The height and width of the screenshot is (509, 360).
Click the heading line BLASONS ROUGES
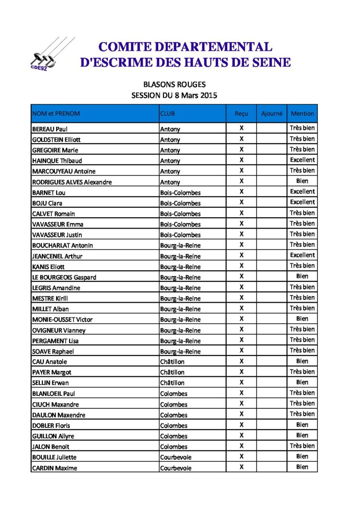click(174, 85)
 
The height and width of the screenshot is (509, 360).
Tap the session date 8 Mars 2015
click(196, 95)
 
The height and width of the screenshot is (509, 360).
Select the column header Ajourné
click(271, 113)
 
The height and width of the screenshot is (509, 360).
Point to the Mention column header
click(302, 113)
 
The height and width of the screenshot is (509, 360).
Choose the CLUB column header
click(168, 113)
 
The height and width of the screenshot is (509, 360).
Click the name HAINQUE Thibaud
click(57, 161)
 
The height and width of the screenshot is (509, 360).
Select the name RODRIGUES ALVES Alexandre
click(72, 182)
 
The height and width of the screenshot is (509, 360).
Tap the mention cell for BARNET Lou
click(302, 191)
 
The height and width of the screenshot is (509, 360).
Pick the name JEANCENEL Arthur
click(57, 256)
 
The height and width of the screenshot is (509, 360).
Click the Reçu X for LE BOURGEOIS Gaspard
click(242, 276)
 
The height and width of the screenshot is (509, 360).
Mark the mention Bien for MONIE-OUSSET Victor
click(302, 319)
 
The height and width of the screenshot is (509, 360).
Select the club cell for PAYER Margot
click(172, 372)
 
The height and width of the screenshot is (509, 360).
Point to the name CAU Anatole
click(49, 362)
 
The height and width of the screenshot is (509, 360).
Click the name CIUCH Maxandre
click(56, 404)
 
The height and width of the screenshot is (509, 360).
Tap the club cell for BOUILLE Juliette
click(176, 457)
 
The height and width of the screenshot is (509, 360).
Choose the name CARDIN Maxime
click(55, 468)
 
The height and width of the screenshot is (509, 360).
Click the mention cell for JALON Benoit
click(302, 446)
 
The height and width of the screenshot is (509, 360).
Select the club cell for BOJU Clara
click(180, 203)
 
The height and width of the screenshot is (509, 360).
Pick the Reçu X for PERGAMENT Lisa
click(242, 340)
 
